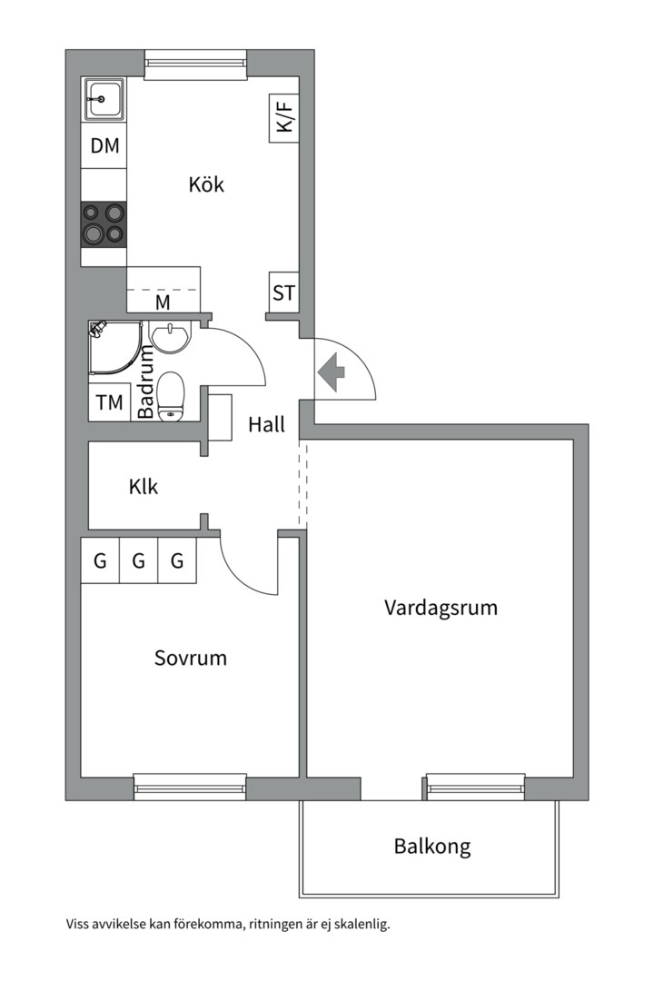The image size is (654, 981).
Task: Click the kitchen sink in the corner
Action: (104, 98)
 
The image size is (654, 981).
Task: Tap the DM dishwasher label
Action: (104, 145)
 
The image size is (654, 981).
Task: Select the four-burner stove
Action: (103, 223)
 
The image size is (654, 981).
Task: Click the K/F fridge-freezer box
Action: (284, 118)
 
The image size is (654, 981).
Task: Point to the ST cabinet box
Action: (283, 293)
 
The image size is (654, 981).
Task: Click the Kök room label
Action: (206, 184)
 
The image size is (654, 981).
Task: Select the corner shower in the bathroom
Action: (114, 350)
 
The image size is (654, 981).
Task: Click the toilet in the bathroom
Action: (171, 398)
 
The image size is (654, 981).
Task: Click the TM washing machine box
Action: (109, 403)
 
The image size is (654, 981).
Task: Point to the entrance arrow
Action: (332, 371)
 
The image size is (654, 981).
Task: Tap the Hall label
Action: (266, 424)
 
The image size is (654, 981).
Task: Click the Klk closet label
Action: (143, 487)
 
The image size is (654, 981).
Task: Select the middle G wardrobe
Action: (138, 561)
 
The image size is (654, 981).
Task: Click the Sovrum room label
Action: (190, 658)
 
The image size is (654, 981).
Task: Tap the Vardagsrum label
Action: (441, 607)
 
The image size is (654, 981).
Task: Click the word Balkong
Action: (432, 847)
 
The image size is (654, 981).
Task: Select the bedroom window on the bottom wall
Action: (190, 787)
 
